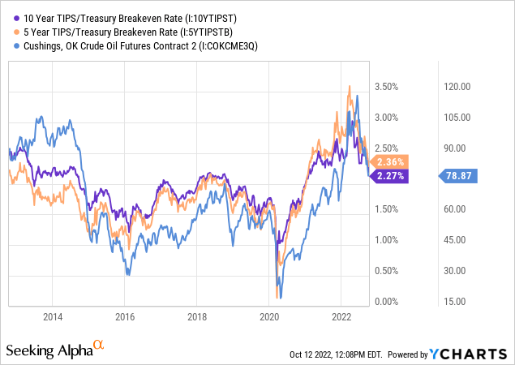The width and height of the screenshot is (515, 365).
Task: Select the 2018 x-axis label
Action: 196,317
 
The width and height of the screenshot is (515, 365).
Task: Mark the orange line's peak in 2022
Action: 350,86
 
